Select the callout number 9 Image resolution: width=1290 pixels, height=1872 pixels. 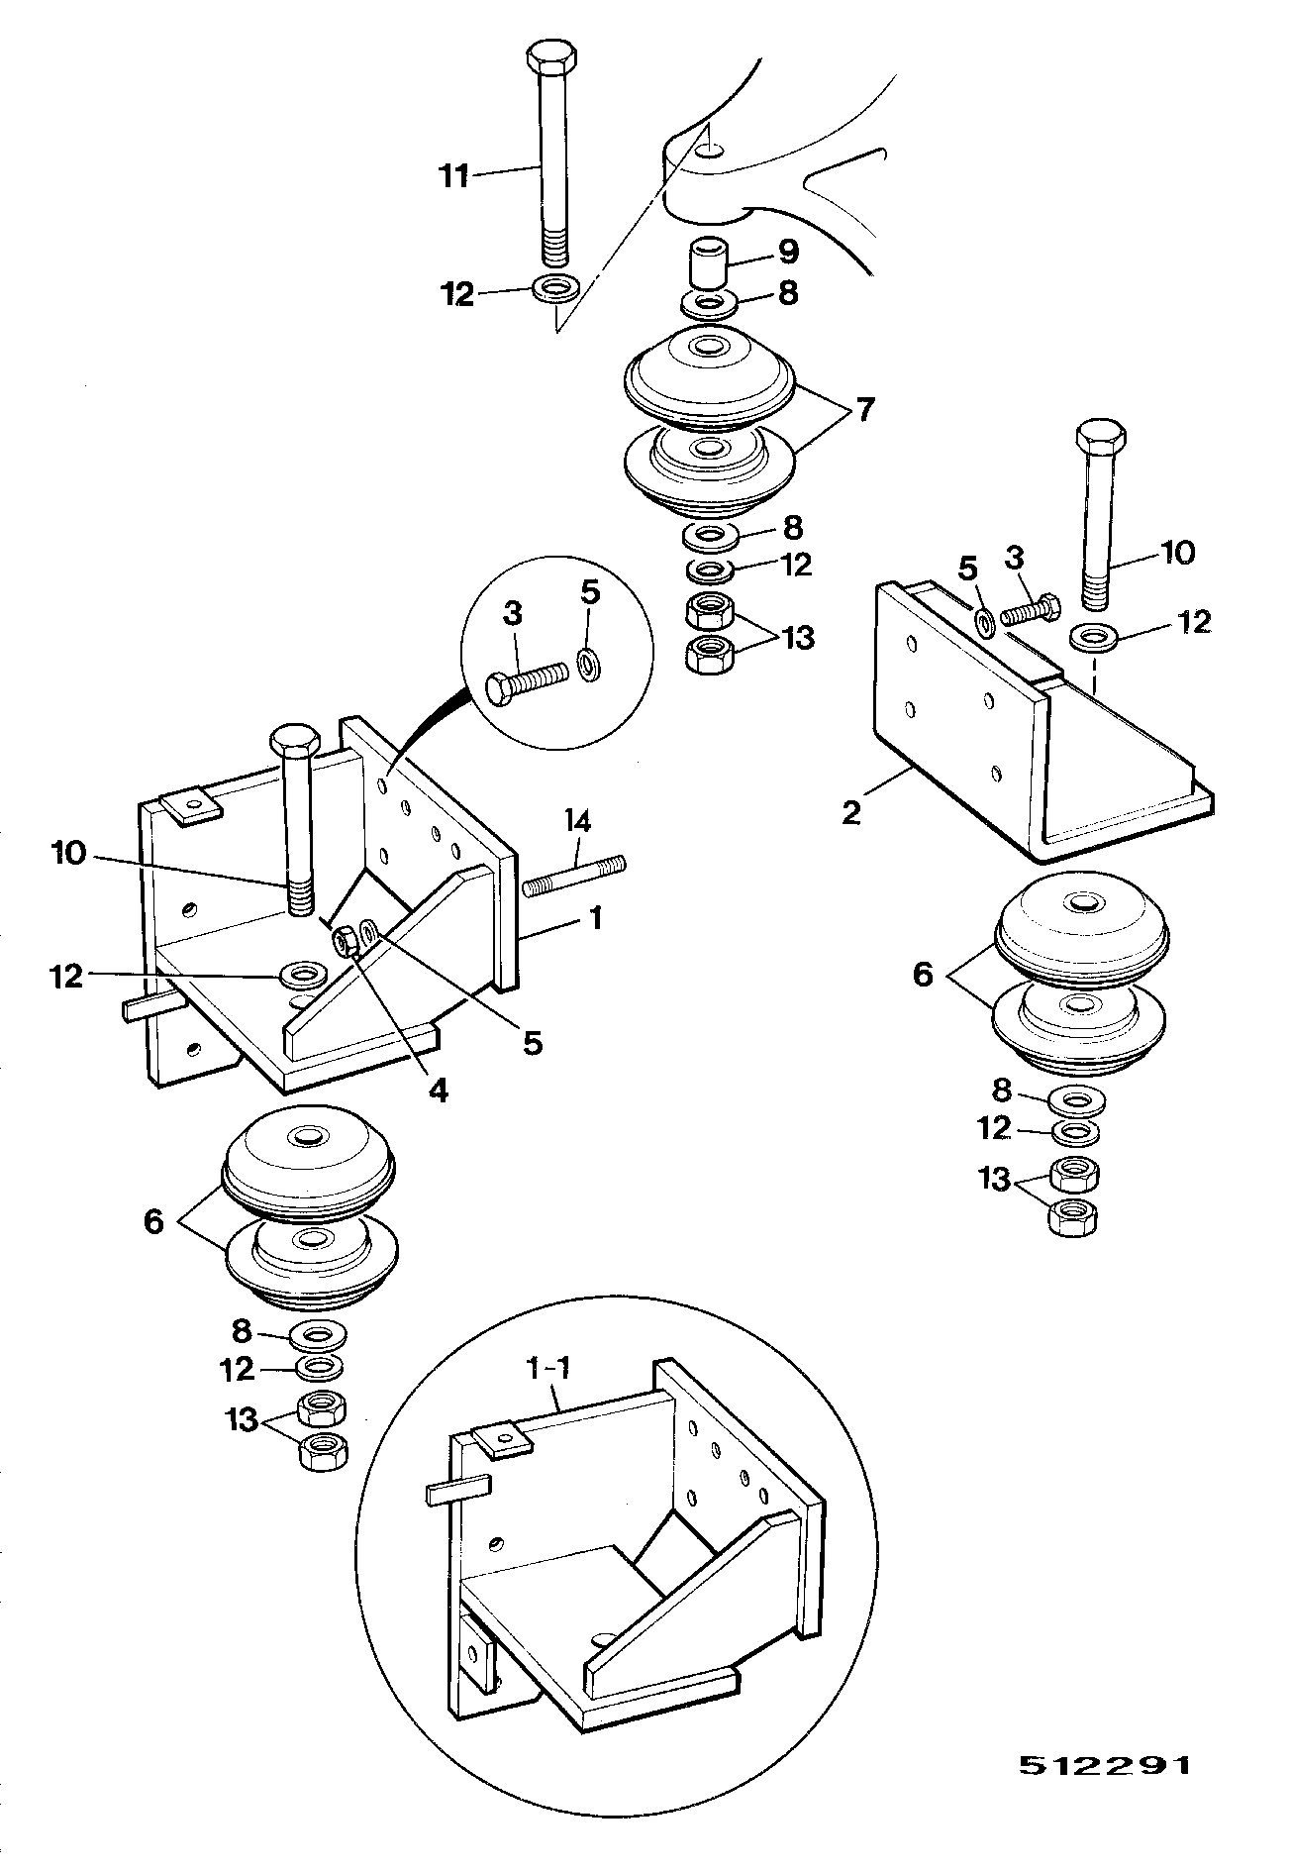tap(787, 251)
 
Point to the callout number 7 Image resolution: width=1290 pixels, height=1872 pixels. tap(864, 407)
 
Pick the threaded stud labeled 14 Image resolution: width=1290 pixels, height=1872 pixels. tap(573, 878)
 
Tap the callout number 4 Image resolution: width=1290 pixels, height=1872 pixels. tap(438, 1091)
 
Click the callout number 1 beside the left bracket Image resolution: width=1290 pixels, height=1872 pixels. tap(595, 919)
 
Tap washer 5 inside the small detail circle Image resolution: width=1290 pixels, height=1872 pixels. tap(587, 665)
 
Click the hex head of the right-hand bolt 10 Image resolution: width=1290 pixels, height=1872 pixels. tap(1100, 437)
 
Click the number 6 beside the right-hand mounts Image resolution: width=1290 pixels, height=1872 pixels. tap(923, 975)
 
